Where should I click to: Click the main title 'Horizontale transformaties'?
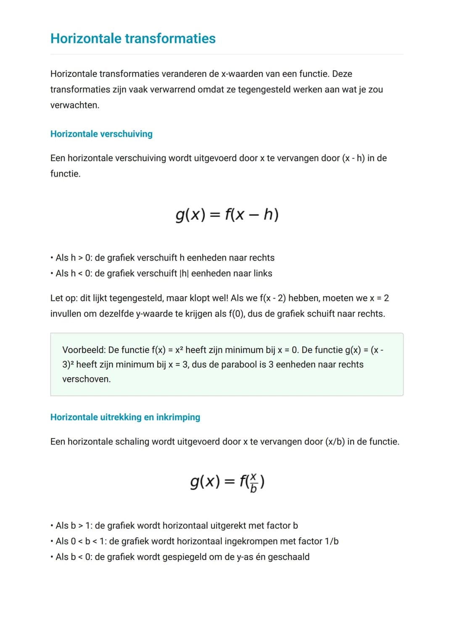click(133, 38)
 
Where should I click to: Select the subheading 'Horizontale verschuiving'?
click(101, 134)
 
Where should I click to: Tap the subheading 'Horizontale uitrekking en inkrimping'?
click(125, 417)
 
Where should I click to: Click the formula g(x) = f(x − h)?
click(227, 215)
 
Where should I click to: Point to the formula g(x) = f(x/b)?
click(227, 482)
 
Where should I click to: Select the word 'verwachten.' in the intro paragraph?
click(75, 105)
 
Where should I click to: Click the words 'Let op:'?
click(64, 298)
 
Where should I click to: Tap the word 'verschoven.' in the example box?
click(86, 379)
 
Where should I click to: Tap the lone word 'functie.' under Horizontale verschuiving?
click(65, 174)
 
